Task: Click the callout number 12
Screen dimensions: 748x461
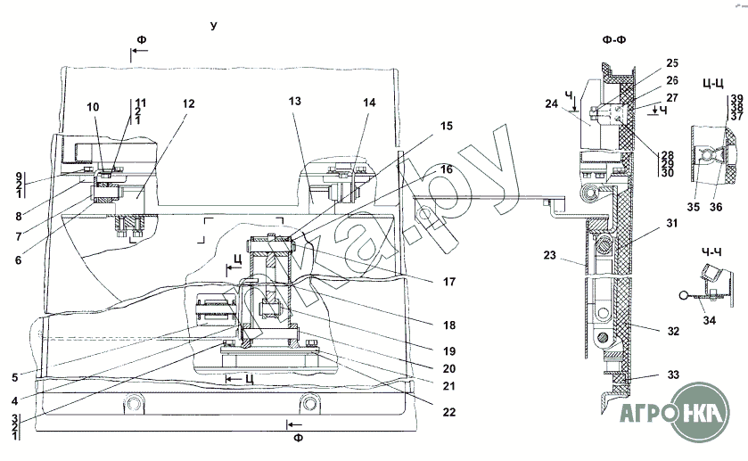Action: coord(189,103)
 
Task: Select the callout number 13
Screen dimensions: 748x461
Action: coord(295,101)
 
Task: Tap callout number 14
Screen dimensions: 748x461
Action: coord(369,103)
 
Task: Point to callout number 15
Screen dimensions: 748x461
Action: coord(447,126)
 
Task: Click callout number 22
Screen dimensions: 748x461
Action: coord(449,412)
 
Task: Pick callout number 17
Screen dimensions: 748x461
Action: coord(449,282)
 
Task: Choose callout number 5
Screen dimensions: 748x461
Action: coord(15,377)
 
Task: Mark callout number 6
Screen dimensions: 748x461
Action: coord(18,259)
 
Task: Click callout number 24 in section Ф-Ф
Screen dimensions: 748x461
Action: coord(552,103)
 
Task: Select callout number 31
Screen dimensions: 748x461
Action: coord(671,223)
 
